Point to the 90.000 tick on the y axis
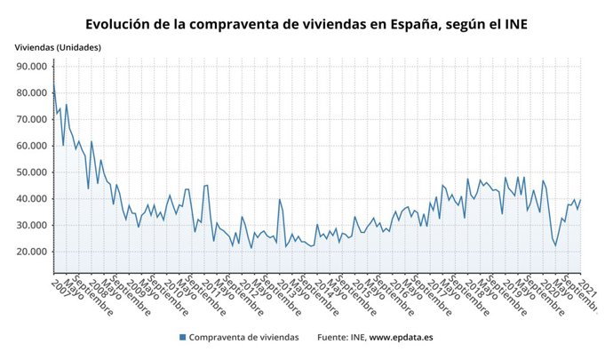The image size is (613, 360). (31, 67)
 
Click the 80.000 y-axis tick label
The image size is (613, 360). (31, 93)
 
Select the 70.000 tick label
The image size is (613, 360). (31, 119)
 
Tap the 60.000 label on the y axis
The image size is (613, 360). (31, 146)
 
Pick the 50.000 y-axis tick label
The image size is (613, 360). (31, 172)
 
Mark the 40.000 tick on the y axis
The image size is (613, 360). (31, 199)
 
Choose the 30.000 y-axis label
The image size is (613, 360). (31, 225)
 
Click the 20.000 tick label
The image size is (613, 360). (31, 252)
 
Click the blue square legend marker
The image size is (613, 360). (183, 338)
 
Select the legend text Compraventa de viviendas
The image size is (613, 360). (243, 338)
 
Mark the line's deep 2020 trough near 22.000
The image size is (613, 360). (556, 245)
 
